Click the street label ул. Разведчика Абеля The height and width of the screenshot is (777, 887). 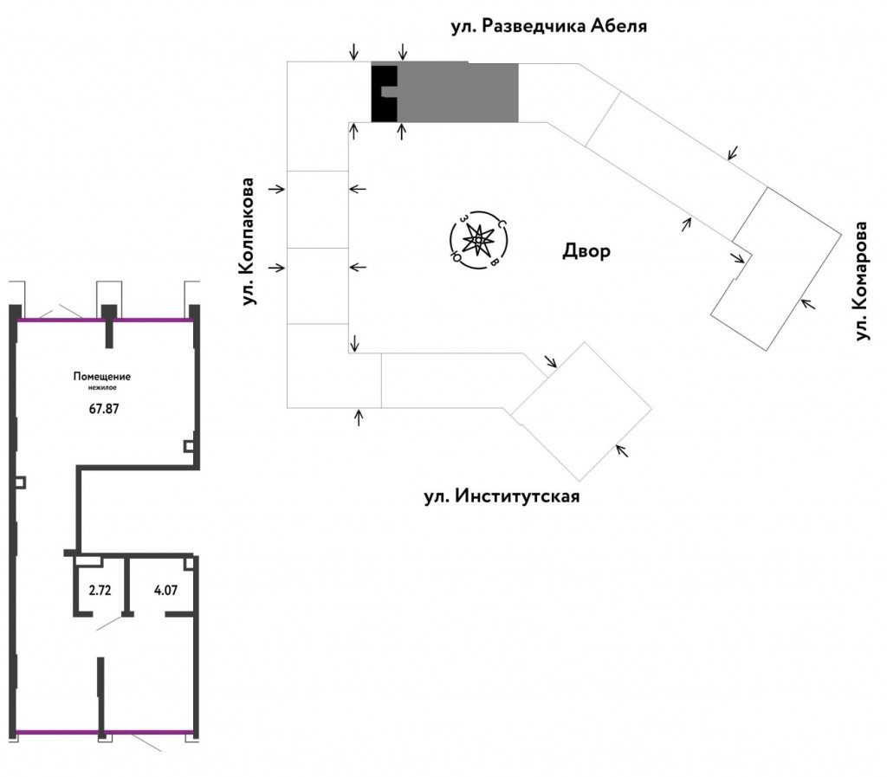point(548,26)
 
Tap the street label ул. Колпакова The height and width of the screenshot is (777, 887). point(249,242)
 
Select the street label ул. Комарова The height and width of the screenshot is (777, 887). point(860,281)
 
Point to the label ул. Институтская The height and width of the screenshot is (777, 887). point(502,496)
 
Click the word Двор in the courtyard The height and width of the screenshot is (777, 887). point(586,250)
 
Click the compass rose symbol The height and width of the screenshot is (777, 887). point(478,241)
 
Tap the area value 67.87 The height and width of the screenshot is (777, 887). point(104,408)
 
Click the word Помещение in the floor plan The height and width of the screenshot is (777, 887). point(102,377)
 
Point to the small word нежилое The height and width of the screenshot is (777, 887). point(102,388)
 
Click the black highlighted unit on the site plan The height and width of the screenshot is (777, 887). point(382,94)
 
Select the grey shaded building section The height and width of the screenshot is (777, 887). point(457,92)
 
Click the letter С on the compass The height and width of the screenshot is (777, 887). point(501,224)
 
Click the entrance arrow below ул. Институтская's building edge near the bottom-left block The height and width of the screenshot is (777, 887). point(359,418)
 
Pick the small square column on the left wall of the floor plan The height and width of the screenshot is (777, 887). point(20,482)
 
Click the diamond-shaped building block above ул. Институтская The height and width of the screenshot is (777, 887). point(581,411)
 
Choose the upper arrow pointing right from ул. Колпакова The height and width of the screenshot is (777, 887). point(276,189)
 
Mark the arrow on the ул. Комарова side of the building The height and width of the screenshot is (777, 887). point(808,304)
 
